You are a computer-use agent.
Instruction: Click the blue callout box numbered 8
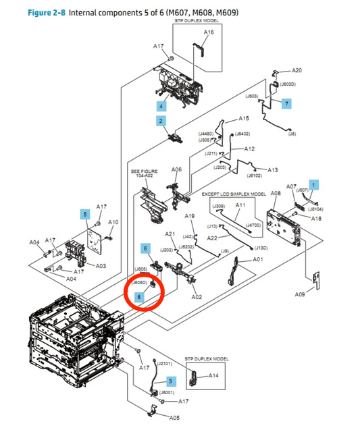[140, 296]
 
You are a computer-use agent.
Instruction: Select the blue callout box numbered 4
[161, 106]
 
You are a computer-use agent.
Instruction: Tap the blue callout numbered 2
[161, 121]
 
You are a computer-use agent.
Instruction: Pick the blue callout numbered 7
[286, 103]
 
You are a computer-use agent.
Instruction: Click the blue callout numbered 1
[313, 184]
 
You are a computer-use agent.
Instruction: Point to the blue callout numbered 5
[84, 215]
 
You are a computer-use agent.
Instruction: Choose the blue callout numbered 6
[145, 248]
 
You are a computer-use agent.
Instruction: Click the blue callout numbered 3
[171, 381]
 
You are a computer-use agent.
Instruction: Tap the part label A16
[209, 32]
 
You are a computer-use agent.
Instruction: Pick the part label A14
[213, 375]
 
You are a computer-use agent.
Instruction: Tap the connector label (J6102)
[254, 175]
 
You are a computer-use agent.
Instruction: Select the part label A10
[113, 222]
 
